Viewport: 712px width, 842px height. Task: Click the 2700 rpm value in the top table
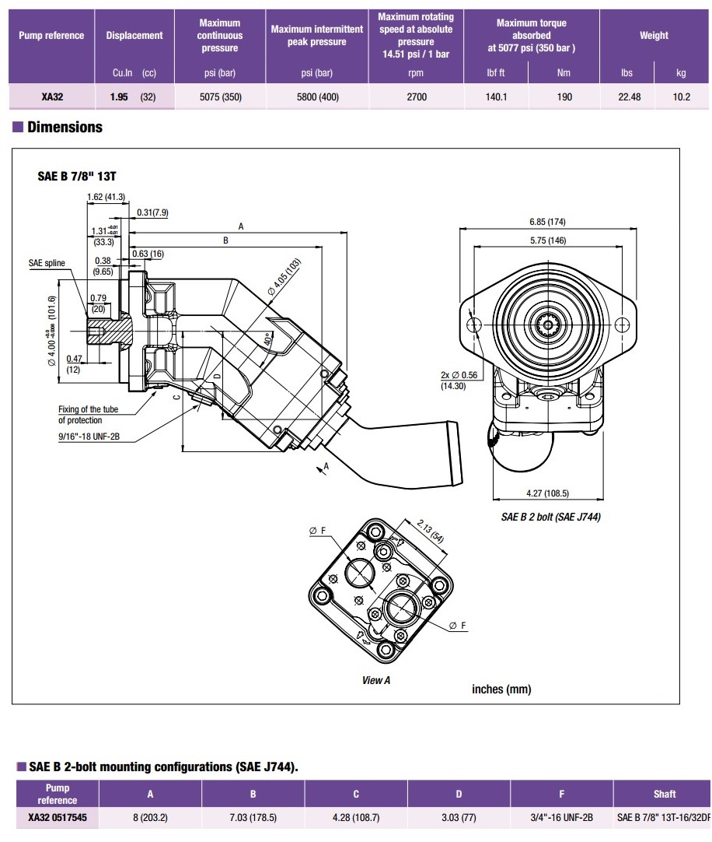coord(417,97)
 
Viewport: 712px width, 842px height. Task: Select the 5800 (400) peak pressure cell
coord(316,97)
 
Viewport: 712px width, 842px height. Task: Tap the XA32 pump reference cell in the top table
coord(52,97)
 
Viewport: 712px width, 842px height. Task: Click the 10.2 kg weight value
coord(682,97)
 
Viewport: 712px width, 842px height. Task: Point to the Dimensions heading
coord(65,127)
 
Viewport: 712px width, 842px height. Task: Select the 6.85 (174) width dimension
coord(548,222)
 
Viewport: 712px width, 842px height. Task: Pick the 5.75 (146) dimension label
coord(548,240)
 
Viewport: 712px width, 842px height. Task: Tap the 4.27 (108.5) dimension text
coord(548,493)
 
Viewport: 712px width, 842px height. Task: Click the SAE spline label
coord(47,264)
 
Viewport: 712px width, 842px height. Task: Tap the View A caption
coord(373,680)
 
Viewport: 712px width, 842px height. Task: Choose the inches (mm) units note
coord(501,689)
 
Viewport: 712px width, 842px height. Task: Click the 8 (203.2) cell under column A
coord(150,818)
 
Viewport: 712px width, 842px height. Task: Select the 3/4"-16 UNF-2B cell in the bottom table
coord(561,818)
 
